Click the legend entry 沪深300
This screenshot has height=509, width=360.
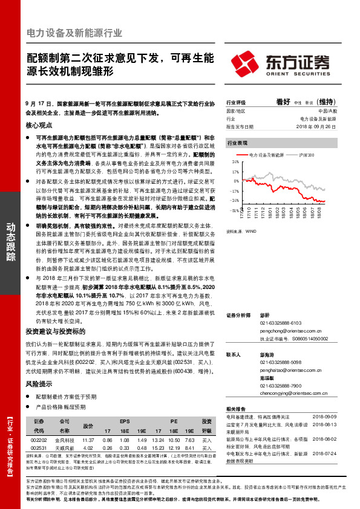coord(306,155)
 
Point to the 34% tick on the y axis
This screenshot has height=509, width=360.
coord(235,163)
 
